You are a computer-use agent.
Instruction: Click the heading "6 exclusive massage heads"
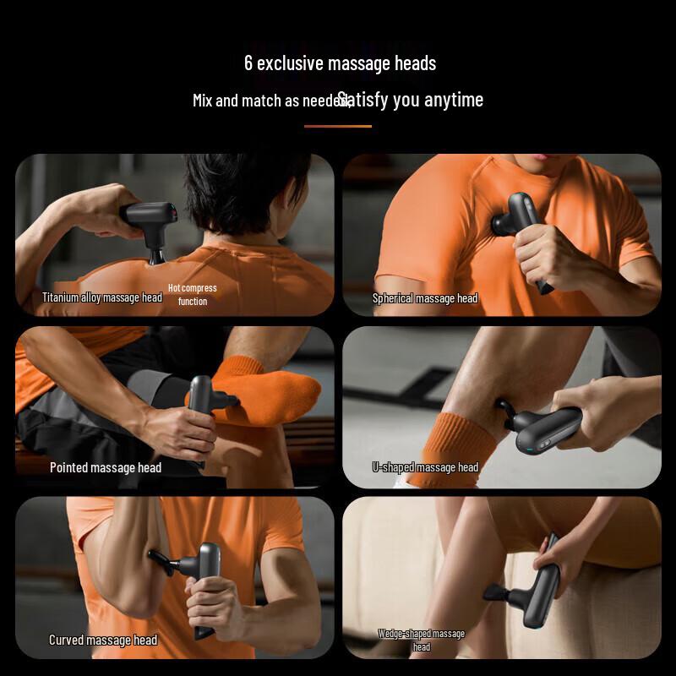point(340,63)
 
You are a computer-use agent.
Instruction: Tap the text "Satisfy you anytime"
point(412,100)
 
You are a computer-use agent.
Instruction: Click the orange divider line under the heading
point(337,126)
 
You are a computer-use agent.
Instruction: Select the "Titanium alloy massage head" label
point(102,297)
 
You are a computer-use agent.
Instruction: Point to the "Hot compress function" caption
point(193,294)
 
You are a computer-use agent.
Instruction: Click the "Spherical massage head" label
point(425,298)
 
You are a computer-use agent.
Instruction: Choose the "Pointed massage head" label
point(106,467)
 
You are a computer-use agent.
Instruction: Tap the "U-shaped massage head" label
point(425,467)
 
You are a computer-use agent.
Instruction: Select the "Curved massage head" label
point(103,640)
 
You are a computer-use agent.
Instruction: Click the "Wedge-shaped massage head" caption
point(422,640)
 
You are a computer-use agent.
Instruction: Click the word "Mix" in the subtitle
point(202,101)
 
